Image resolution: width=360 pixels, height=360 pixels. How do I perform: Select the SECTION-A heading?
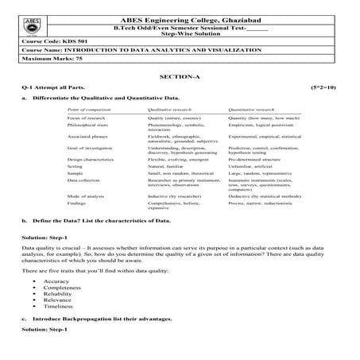tap(179, 75)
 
